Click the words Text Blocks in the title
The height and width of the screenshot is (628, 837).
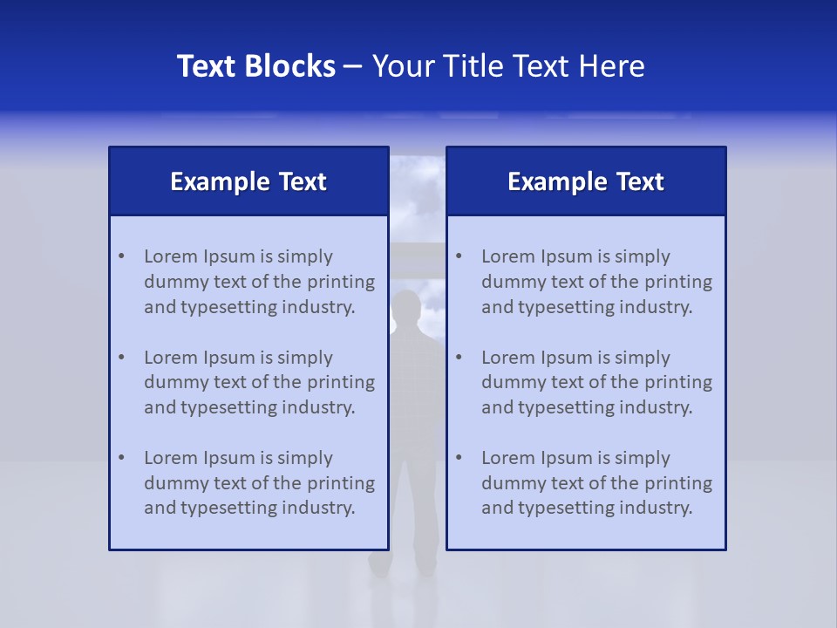(x=255, y=66)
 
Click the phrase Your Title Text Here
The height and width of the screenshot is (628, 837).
(x=508, y=66)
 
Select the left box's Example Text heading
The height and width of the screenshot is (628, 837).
(x=248, y=181)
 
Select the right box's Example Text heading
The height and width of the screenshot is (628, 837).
(x=586, y=181)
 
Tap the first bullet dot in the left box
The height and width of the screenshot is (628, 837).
(x=121, y=256)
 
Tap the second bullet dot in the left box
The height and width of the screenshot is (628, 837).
(x=121, y=358)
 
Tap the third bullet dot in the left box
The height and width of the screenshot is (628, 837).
(x=121, y=458)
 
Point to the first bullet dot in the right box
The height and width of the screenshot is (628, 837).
(x=459, y=256)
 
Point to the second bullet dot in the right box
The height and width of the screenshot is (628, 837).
(x=459, y=358)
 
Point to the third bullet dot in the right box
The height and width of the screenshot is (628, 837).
(x=459, y=458)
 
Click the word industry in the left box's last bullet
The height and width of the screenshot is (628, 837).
(x=318, y=509)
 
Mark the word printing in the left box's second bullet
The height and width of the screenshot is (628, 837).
(x=344, y=383)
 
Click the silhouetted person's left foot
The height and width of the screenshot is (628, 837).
(x=379, y=564)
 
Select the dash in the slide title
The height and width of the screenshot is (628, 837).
(x=353, y=66)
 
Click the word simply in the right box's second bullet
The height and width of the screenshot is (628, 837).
(x=642, y=358)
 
